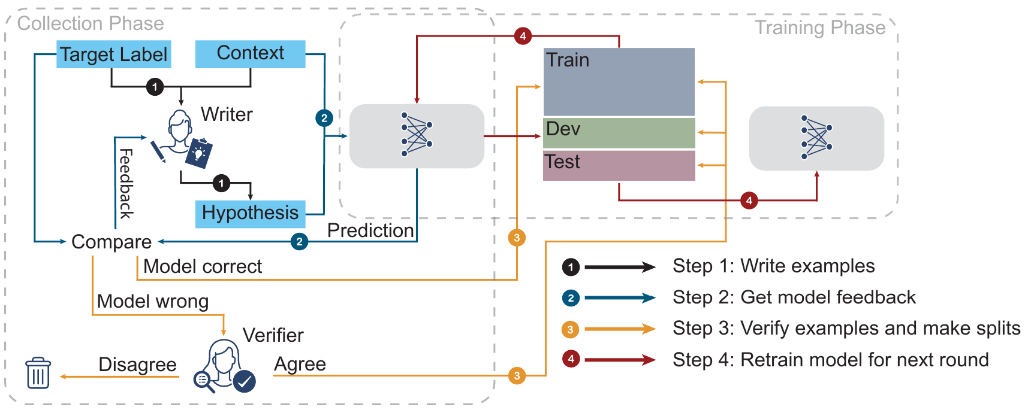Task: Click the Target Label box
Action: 114,54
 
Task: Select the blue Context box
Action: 251,54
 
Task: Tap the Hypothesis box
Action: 251,214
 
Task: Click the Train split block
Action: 619,82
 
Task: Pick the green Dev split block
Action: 619,133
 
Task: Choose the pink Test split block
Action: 619,165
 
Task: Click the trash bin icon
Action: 38,373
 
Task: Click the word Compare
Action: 111,242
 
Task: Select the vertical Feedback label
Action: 126,183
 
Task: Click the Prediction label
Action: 370,230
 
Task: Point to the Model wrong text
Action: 153,301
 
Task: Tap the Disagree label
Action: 137,365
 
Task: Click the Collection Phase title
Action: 91,23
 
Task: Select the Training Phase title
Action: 819,28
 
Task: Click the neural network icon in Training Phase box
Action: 816,138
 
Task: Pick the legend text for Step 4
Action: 830,360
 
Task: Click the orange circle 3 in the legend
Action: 571,329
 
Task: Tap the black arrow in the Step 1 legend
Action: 620,267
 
